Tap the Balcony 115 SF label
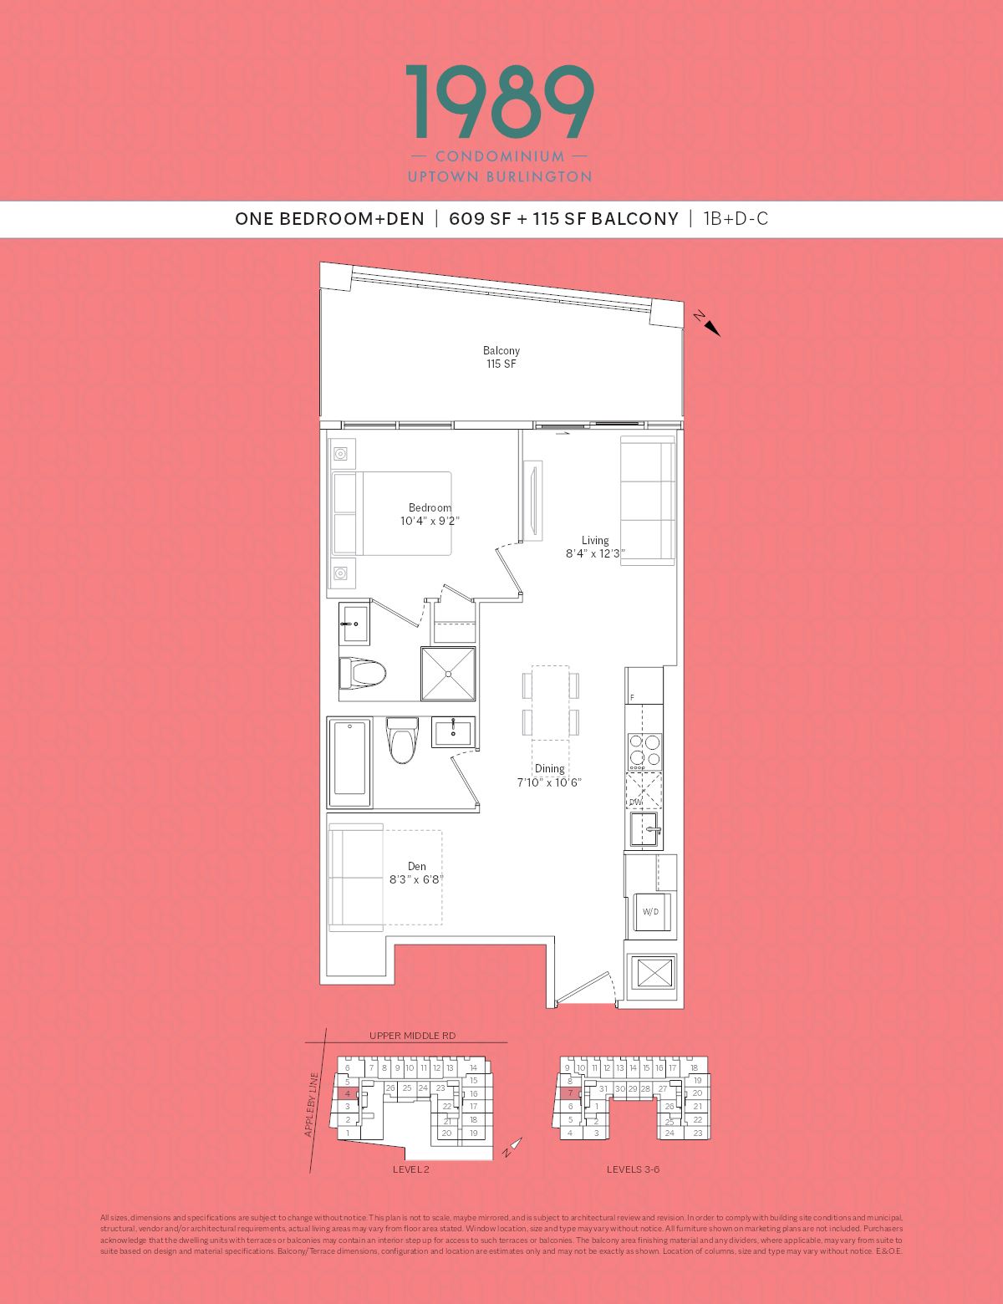tap(501, 357)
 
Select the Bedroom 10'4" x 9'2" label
tap(430, 514)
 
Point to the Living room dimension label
tap(595, 547)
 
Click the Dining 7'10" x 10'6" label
tap(549, 775)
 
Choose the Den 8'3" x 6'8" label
tap(416, 873)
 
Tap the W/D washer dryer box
tap(650, 911)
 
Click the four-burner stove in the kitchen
tap(644, 751)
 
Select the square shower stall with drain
tap(450, 673)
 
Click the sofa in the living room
tap(647, 500)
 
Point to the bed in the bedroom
tap(391, 513)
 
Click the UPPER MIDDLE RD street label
tap(412, 1036)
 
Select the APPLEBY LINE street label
tap(312, 1104)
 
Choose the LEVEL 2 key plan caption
tap(410, 1169)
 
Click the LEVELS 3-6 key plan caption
tap(633, 1169)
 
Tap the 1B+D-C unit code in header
tap(736, 219)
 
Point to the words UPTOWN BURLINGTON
tap(500, 177)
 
